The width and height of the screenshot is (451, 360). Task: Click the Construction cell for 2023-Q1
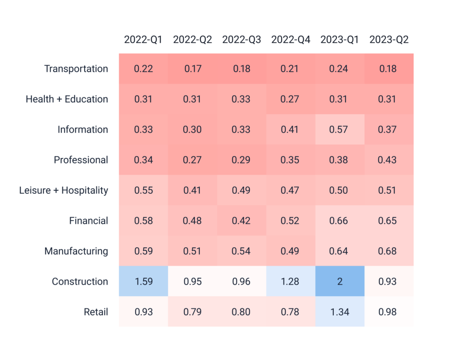[x=340, y=281]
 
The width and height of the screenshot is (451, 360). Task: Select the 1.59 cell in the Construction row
[x=143, y=281]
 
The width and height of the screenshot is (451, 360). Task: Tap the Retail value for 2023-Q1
[x=340, y=312]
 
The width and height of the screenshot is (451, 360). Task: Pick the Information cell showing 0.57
[x=340, y=129]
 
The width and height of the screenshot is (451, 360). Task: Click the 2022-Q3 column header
[x=241, y=40]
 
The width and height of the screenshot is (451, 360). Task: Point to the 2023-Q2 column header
[x=389, y=40]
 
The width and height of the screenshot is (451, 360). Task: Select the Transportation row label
[x=76, y=69]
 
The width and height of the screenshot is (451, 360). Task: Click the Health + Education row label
[x=67, y=99]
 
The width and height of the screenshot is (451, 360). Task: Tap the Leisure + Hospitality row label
[x=63, y=190]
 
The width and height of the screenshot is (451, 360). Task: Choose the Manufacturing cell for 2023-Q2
[x=389, y=251]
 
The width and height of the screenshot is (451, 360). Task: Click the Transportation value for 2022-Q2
[x=192, y=69]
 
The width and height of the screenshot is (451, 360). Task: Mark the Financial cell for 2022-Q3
[x=241, y=220]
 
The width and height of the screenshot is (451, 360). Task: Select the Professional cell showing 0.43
[x=389, y=160]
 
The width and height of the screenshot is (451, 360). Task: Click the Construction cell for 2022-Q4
[x=291, y=281]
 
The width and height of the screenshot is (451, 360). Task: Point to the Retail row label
[x=96, y=312]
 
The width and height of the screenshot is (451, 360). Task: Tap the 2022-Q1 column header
[x=143, y=40]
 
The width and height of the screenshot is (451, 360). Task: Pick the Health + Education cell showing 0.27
[x=291, y=99]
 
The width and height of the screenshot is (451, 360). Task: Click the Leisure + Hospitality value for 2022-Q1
[x=143, y=190]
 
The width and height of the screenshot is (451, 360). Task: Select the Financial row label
[x=88, y=220]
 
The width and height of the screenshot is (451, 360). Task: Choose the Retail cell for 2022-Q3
[x=241, y=312]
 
